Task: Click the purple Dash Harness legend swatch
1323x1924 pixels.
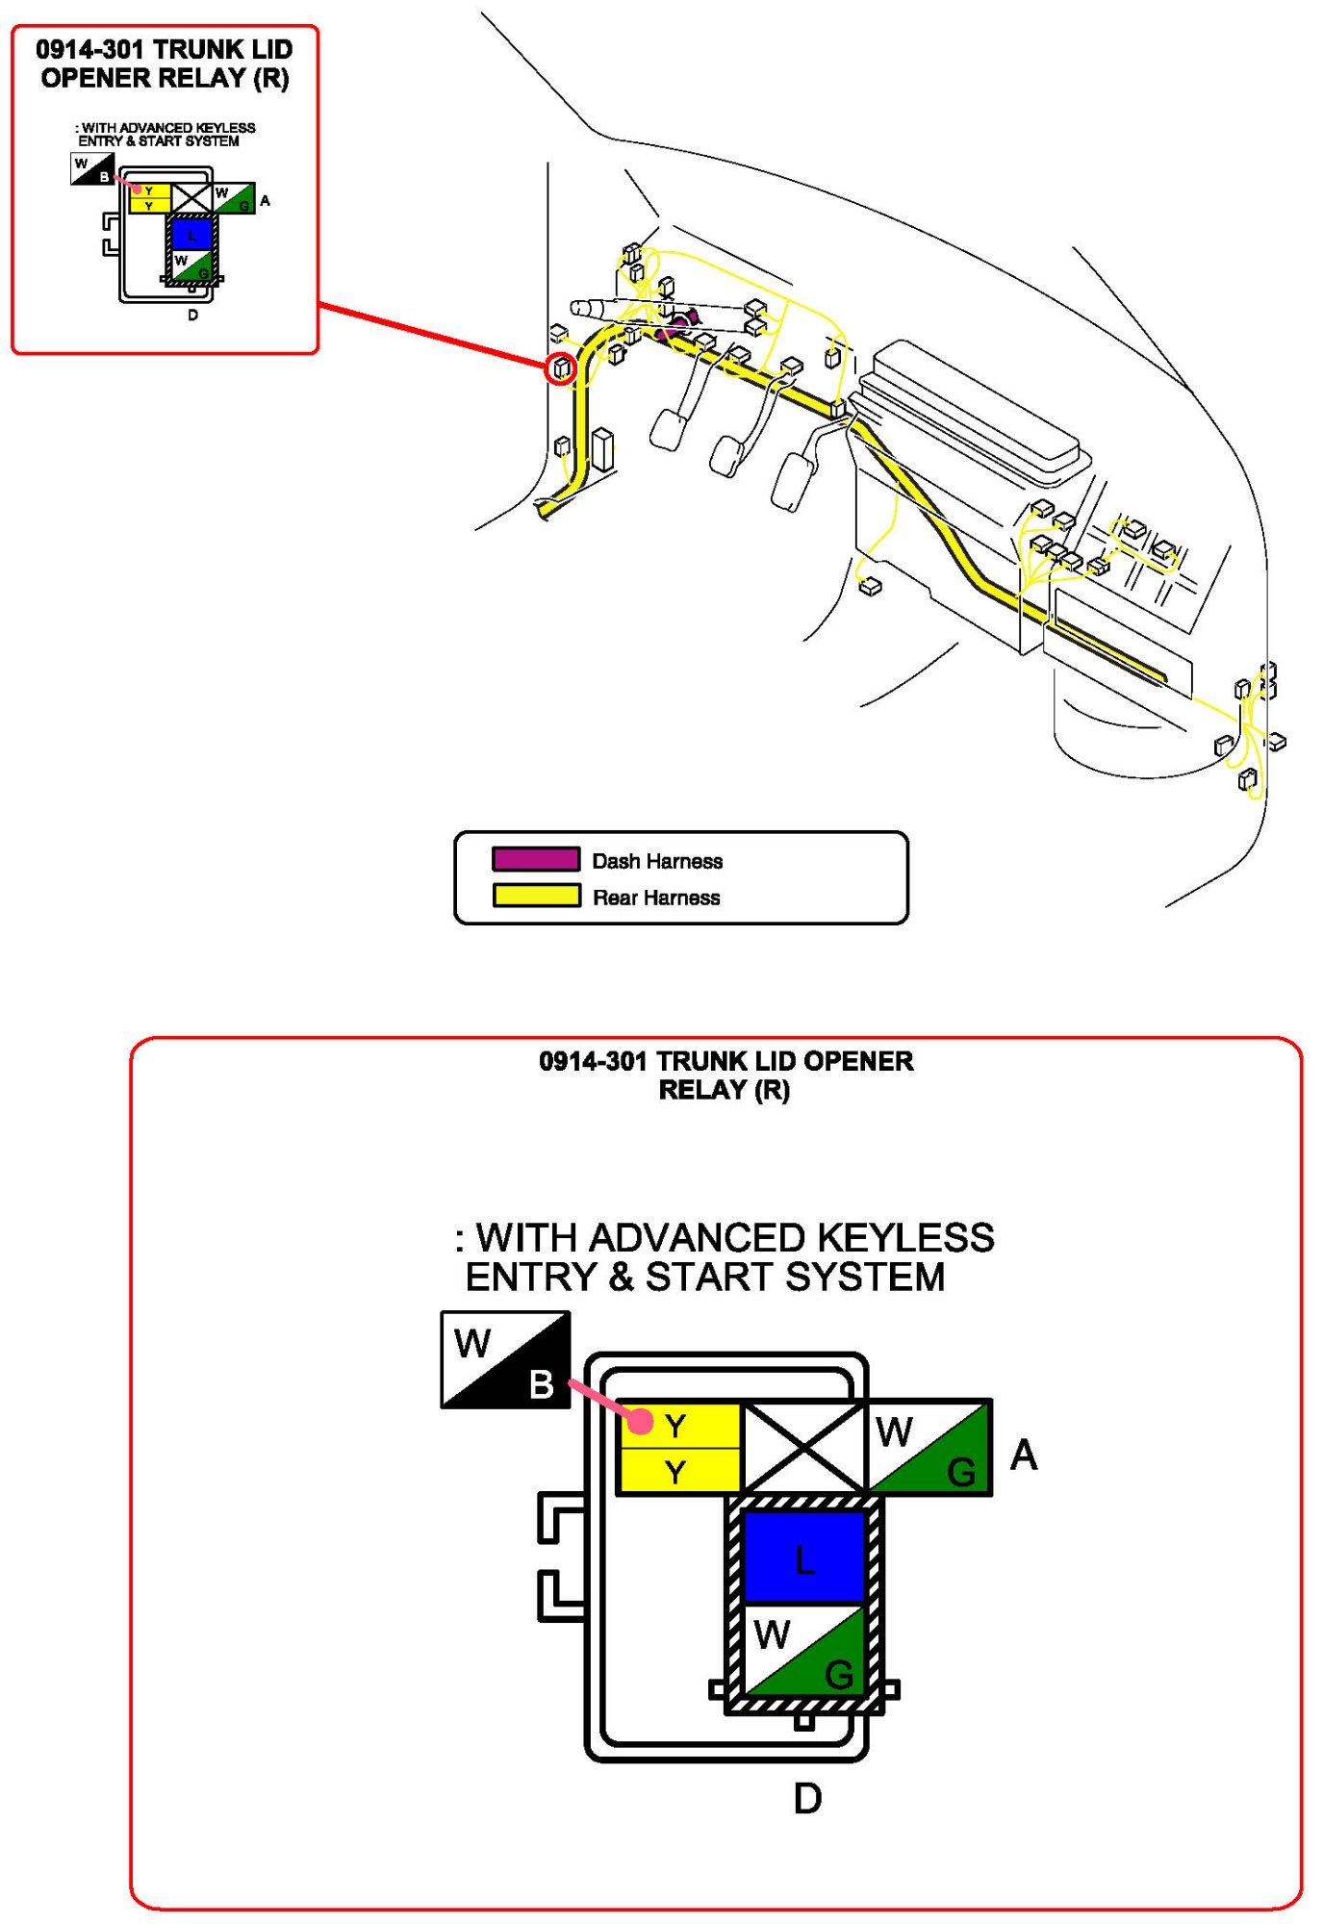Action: tap(535, 859)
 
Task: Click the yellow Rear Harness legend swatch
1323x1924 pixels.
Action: tap(535, 896)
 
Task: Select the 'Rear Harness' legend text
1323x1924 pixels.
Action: tap(656, 898)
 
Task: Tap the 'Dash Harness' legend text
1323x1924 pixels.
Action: tap(657, 861)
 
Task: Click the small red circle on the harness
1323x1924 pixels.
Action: tap(561, 367)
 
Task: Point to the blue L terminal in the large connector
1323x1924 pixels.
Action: tap(804, 1557)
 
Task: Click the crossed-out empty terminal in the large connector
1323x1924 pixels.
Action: tap(804, 1447)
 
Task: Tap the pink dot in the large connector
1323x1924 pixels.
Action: tap(641, 1420)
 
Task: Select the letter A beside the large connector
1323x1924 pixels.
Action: tap(1024, 1455)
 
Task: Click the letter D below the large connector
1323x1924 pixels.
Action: tap(807, 1799)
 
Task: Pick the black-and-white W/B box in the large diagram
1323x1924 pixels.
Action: tap(505, 1360)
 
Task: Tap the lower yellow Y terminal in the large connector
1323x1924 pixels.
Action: tap(676, 1472)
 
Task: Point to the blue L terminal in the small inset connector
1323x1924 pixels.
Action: tap(191, 234)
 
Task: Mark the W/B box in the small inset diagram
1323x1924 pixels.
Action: tap(92, 169)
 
